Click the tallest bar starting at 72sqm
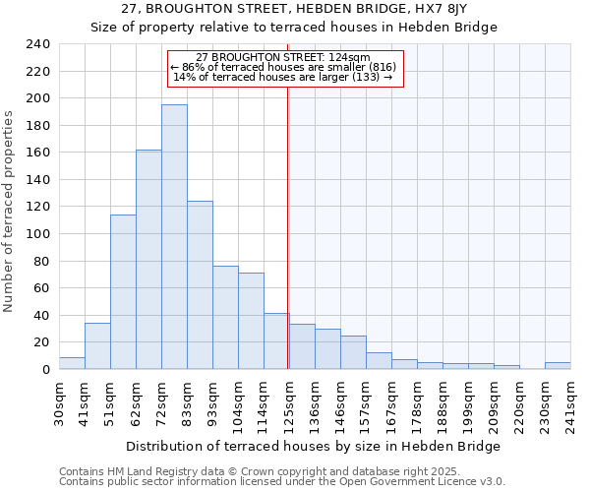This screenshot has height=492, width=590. coord(174,236)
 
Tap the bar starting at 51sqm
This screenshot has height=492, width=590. coord(123,291)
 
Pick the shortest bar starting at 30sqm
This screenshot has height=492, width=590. coord(72,363)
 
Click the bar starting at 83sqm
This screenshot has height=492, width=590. coord(200,284)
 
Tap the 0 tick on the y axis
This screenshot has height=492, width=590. coord(45,370)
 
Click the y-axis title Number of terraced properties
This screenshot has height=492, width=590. coord(10,211)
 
